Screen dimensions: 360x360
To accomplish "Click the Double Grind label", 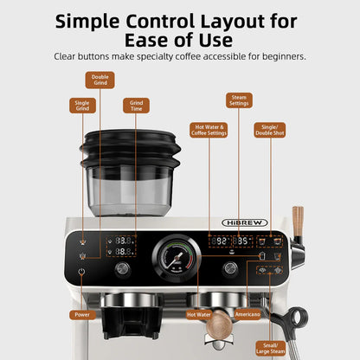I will coord(100,80).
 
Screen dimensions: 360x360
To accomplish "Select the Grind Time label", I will coord(136,106).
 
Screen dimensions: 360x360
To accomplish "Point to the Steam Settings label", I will coord(239,100).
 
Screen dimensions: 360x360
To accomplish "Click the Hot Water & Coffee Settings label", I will coord(209,131).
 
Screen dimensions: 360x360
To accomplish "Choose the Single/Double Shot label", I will coord(267,131).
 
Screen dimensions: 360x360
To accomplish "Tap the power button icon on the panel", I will coord(81,273).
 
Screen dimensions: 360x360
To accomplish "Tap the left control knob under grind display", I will coord(124,269).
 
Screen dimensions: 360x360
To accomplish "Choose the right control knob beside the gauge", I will coord(229,269).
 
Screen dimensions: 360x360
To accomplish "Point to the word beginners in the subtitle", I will coord(279,57).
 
